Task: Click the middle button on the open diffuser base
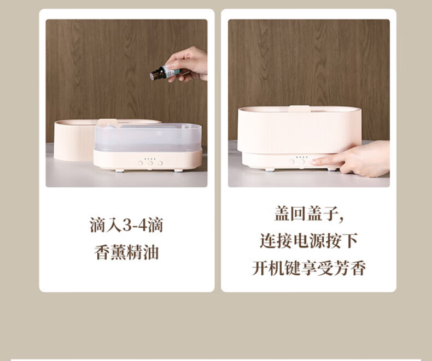click(x=150, y=163)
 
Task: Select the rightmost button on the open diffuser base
click(x=160, y=163)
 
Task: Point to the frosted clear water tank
click(x=148, y=138)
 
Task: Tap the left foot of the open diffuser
click(x=120, y=170)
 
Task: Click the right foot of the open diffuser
click(x=178, y=170)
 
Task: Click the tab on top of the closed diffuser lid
click(x=299, y=109)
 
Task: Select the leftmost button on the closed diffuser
click(x=292, y=161)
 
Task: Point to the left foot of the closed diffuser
click(x=270, y=170)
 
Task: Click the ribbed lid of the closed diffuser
click(x=300, y=129)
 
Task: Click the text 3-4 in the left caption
click(x=135, y=225)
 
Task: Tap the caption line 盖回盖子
click(x=309, y=214)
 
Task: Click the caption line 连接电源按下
click(x=309, y=240)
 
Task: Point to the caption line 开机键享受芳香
click(x=309, y=268)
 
